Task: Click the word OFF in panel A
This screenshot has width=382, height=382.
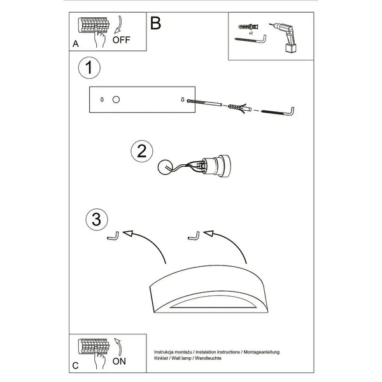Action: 122,39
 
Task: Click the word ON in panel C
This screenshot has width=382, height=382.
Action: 119,361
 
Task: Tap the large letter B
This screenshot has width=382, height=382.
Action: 156,23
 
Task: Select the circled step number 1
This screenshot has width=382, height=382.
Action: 89,67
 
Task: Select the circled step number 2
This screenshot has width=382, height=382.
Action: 142,151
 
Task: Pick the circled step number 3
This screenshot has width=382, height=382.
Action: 97,219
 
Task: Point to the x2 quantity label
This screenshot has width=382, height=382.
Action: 251,33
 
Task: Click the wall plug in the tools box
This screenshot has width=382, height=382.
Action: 248,27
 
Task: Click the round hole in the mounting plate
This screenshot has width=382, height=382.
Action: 116,100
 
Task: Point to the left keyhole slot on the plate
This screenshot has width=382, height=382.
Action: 102,100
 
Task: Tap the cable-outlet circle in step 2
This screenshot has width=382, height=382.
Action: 165,167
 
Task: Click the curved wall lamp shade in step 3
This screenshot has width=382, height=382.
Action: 209,289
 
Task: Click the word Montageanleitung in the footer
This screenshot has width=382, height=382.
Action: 262,352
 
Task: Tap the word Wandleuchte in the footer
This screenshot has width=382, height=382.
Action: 208,358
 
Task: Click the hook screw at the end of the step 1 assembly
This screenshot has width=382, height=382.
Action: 278,112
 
